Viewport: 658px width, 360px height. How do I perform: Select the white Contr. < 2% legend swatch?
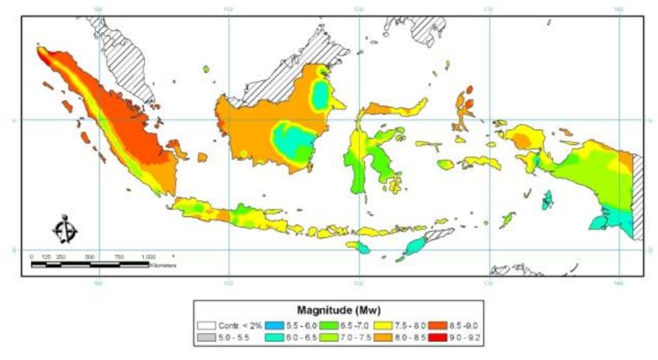[x=206, y=325]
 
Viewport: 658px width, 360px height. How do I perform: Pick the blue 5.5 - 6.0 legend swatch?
[x=275, y=325]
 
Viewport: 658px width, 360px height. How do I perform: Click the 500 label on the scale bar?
[x=90, y=257]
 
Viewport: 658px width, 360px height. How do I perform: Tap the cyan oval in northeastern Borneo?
[x=321, y=95]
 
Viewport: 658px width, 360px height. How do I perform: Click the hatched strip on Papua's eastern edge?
[x=639, y=194]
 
